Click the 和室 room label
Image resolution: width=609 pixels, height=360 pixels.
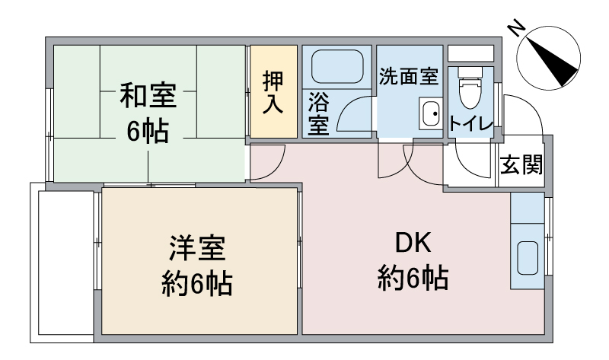pyautogui.click(x=148, y=95)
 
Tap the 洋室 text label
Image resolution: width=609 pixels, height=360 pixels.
pyautogui.click(x=197, y=248)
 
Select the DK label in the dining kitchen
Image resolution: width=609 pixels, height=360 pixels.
pyautogui.click(x=413, y=243)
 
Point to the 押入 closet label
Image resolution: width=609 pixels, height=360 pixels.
pyautogui.click(x=273, y=92)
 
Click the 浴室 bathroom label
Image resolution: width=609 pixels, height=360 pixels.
pyautogui.click(x=318, y=113)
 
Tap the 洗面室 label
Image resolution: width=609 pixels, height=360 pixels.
pyautogui.click(x=409, y=76)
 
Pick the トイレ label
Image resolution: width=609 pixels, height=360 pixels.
pyautogui.click(x=470, y=124)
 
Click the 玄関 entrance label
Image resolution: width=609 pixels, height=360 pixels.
pyautogui.click(x=521, y=164)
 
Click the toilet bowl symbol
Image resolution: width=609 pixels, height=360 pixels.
pyautogui.click(x=470, y=88)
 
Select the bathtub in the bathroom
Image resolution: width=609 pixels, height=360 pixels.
pyautogui.click(x=337, y=66)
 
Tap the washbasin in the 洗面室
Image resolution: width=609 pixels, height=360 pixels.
pyautogui.click(x=430, y=113)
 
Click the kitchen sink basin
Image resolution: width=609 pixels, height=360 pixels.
pyautogui.click(x=528, y=258)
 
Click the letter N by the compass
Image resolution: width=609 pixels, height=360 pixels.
pyautogui.click(x=517, y=28)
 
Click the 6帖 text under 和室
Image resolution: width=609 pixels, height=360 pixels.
pyautogui.click(x=148, y=131)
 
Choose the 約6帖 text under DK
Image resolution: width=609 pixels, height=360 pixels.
pyautogui.click(x=413, y=278)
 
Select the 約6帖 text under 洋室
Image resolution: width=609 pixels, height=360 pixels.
pyautogui.click(x=197, y=284)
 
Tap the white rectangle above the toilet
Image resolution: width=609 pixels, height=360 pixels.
pyautogui.click(x=470, y=53)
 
